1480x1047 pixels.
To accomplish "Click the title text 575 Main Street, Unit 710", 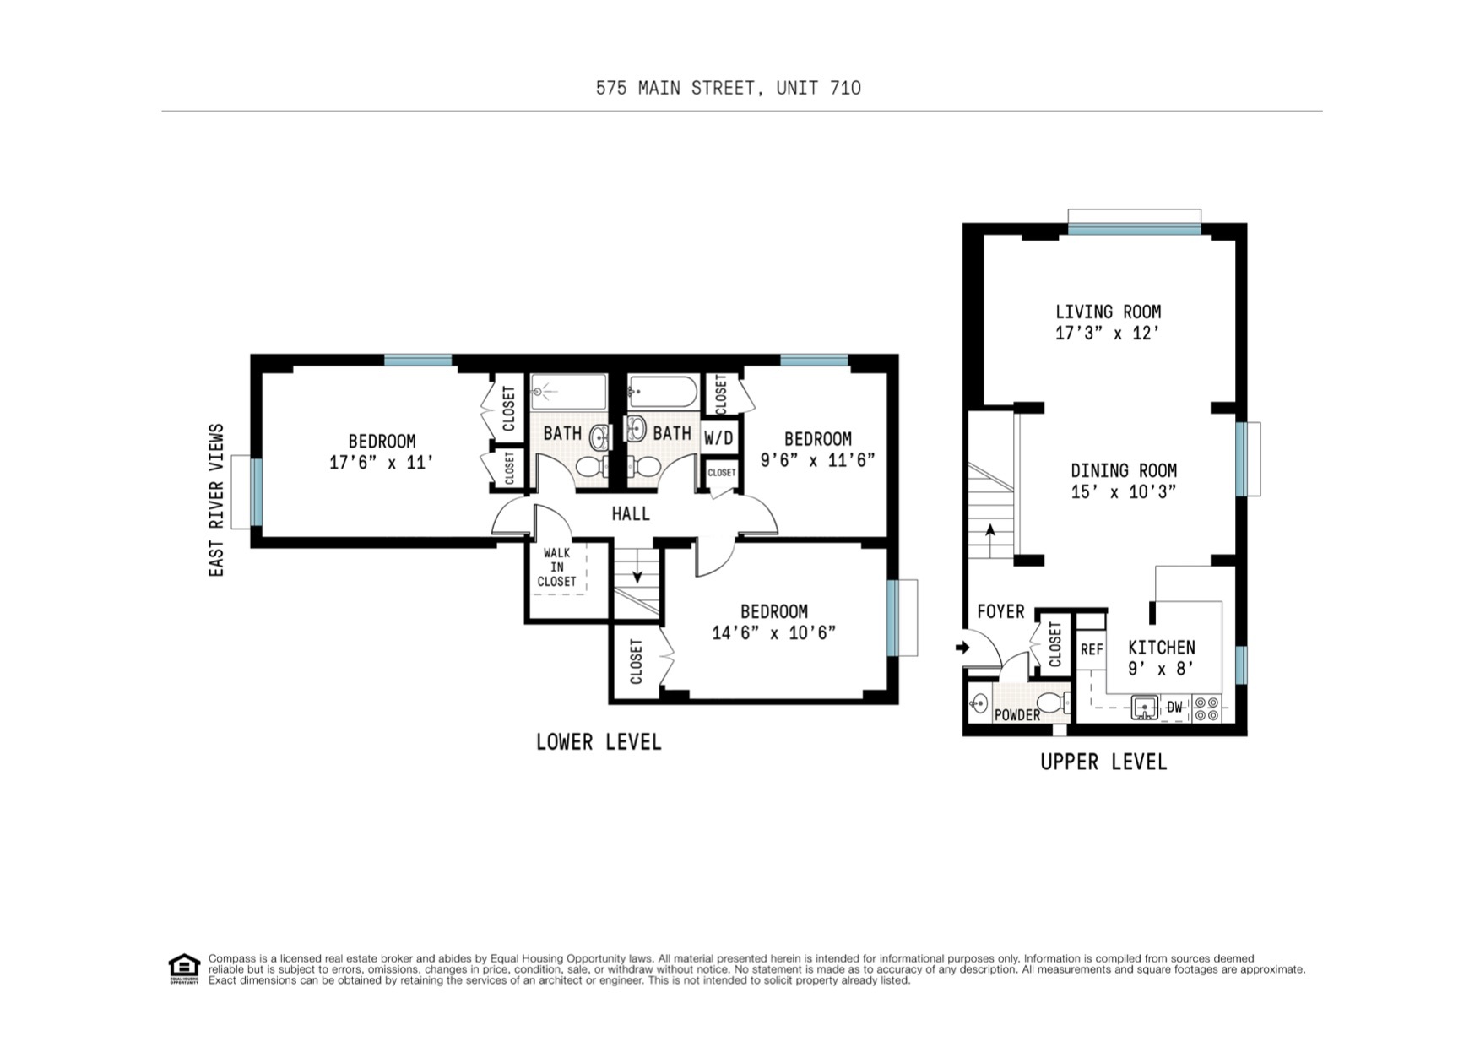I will click(728, 88).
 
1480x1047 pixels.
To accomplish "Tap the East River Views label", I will click(217, 500).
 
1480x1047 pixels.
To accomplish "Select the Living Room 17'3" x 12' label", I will click(1108, 322).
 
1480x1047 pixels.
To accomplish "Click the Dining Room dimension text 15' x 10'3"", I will click(1123, 492).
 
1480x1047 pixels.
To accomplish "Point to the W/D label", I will click(718, 438).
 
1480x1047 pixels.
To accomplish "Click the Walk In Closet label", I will click(556, 567).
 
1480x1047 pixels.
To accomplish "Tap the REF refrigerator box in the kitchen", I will click(1091, 649).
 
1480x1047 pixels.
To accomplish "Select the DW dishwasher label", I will click(1174, 708).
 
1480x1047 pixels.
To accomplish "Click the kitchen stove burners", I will click(1207, 708).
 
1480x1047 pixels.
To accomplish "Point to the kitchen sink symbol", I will click(1144, 708).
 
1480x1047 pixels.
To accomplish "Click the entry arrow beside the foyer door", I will click(962, 648).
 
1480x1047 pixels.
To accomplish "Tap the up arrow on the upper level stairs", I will click(990, 531).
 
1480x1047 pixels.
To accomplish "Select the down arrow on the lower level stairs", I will click(637, 576).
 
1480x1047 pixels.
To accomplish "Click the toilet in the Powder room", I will click(1051, 703).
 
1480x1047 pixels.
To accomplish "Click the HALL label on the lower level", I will click(631, 513).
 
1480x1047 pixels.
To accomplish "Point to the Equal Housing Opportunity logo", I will click(184, 968).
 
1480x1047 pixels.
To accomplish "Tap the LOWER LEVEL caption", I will click(599, 742).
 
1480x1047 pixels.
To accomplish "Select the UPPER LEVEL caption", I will click(1103, 762).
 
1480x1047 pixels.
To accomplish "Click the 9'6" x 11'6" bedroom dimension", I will click(817, 460).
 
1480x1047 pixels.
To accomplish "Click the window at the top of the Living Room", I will click(1134, 228).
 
